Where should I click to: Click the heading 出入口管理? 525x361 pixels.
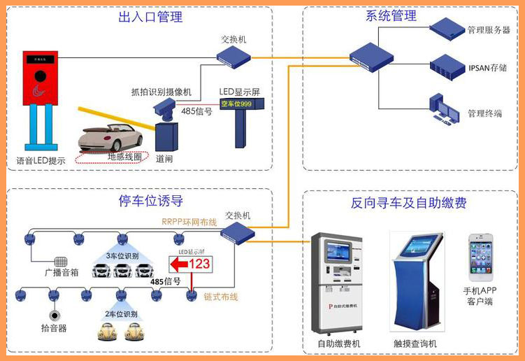coord(151,17)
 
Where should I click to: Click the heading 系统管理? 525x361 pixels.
coord(391,15)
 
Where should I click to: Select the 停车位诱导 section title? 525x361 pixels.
coord(151,201)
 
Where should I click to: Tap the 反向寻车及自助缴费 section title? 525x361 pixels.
coord(409,204)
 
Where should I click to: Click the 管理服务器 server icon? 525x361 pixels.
coord(446,29)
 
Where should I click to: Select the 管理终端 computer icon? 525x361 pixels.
coord(445,108)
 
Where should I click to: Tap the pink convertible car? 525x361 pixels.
coord(112,140)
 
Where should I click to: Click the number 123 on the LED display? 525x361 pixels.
coord(199,264)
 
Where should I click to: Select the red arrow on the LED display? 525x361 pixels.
coord(178,264)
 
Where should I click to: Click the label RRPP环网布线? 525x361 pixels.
coord(189,222)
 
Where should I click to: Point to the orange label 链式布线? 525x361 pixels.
coord(221,296)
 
